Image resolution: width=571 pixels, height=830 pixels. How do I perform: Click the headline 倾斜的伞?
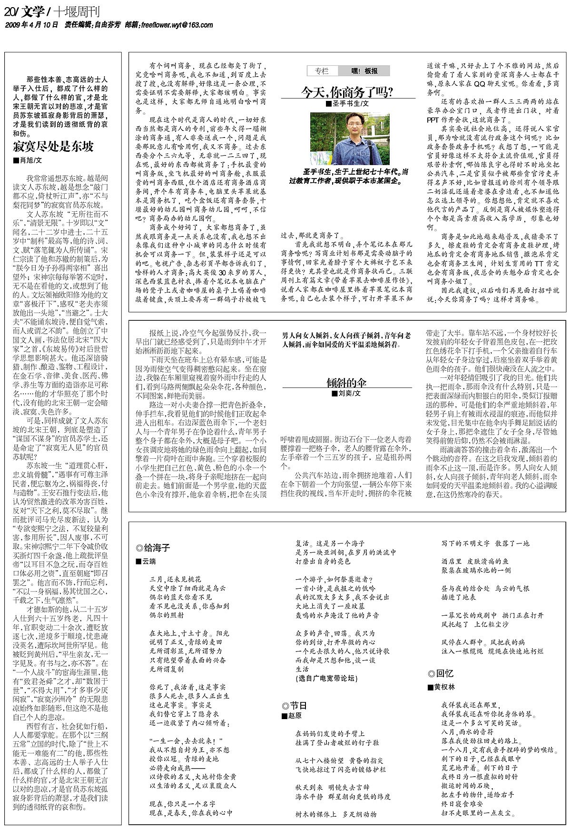(x=346, y=382)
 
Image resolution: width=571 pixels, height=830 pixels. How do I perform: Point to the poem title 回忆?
(x=441, y=673)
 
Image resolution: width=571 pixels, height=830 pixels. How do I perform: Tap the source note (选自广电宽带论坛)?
(x=326, y=678)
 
